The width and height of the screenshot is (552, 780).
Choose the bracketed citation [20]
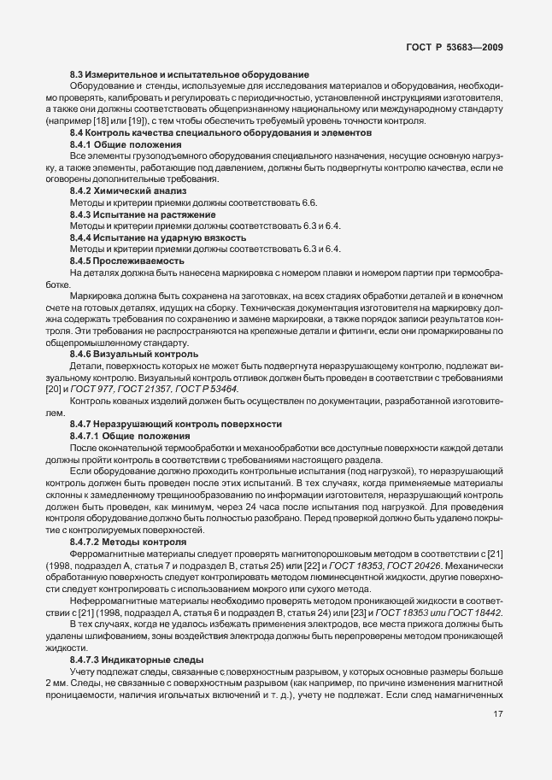click(52, 389)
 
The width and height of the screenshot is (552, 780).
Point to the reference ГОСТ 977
click(95, 389)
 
